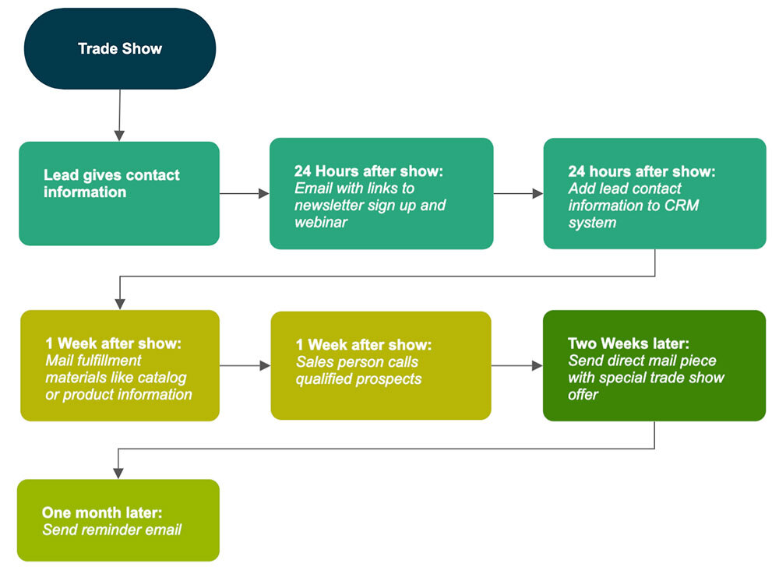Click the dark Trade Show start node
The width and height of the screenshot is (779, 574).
pyautogui.click(x=120, y=48)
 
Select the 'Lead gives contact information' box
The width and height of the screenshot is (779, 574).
pyautogui.click(x=119, y=193)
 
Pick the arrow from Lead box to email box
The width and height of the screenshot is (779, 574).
pyautogui.click(x=244, y=193)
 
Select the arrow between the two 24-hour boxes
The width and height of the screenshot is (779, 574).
pyautogui.click(x=518, y=193)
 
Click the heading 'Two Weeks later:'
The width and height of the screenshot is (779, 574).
pyautogui.click(x=629, y=343)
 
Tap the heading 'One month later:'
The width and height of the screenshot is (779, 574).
pyautogui.click(x=102, y=513)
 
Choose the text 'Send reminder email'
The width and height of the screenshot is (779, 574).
pyautogui.click(x=111, y=530)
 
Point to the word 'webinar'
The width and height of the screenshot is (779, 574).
pyautogui.click(x=320, y=223)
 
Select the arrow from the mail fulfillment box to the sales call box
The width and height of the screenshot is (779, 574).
pyautogui.click(x=245, y=365)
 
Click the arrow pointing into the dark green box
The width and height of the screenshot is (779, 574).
pyautogui.click(x=516, y=365)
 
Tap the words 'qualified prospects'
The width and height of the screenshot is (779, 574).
pyautogui.click(x=358, y=379)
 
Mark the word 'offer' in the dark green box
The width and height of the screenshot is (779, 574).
pyautogui.click(x=583, y=395)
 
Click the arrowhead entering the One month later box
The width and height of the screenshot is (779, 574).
pyautogui.click(x=118, y=473)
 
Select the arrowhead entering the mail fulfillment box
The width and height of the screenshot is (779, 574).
pyautogui.click(x=119, y=304)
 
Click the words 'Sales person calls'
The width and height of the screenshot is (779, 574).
pyautogui.click(x=357, y=362)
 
